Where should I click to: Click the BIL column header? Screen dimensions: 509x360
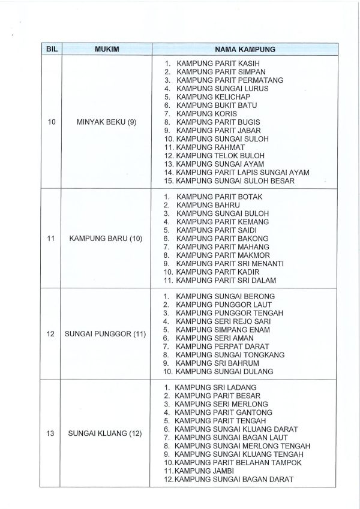52,49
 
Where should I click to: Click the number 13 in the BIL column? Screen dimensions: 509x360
52,433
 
